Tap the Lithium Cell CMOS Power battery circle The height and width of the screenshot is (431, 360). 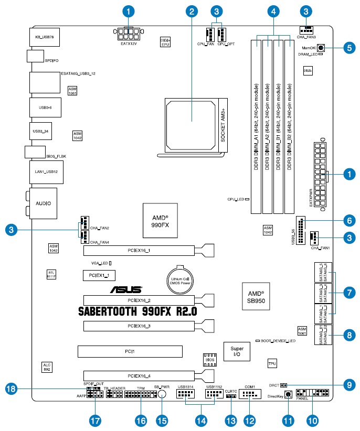(181, 278)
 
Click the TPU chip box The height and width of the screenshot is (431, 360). (272, 363)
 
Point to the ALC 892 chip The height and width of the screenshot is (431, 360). (47, 367)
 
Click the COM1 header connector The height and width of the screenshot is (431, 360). (249, 394)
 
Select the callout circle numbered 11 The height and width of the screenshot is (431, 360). (287, 420)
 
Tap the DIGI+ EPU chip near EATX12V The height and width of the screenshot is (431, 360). (165, 41)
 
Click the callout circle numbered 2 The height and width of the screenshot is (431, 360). (193, 10)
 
